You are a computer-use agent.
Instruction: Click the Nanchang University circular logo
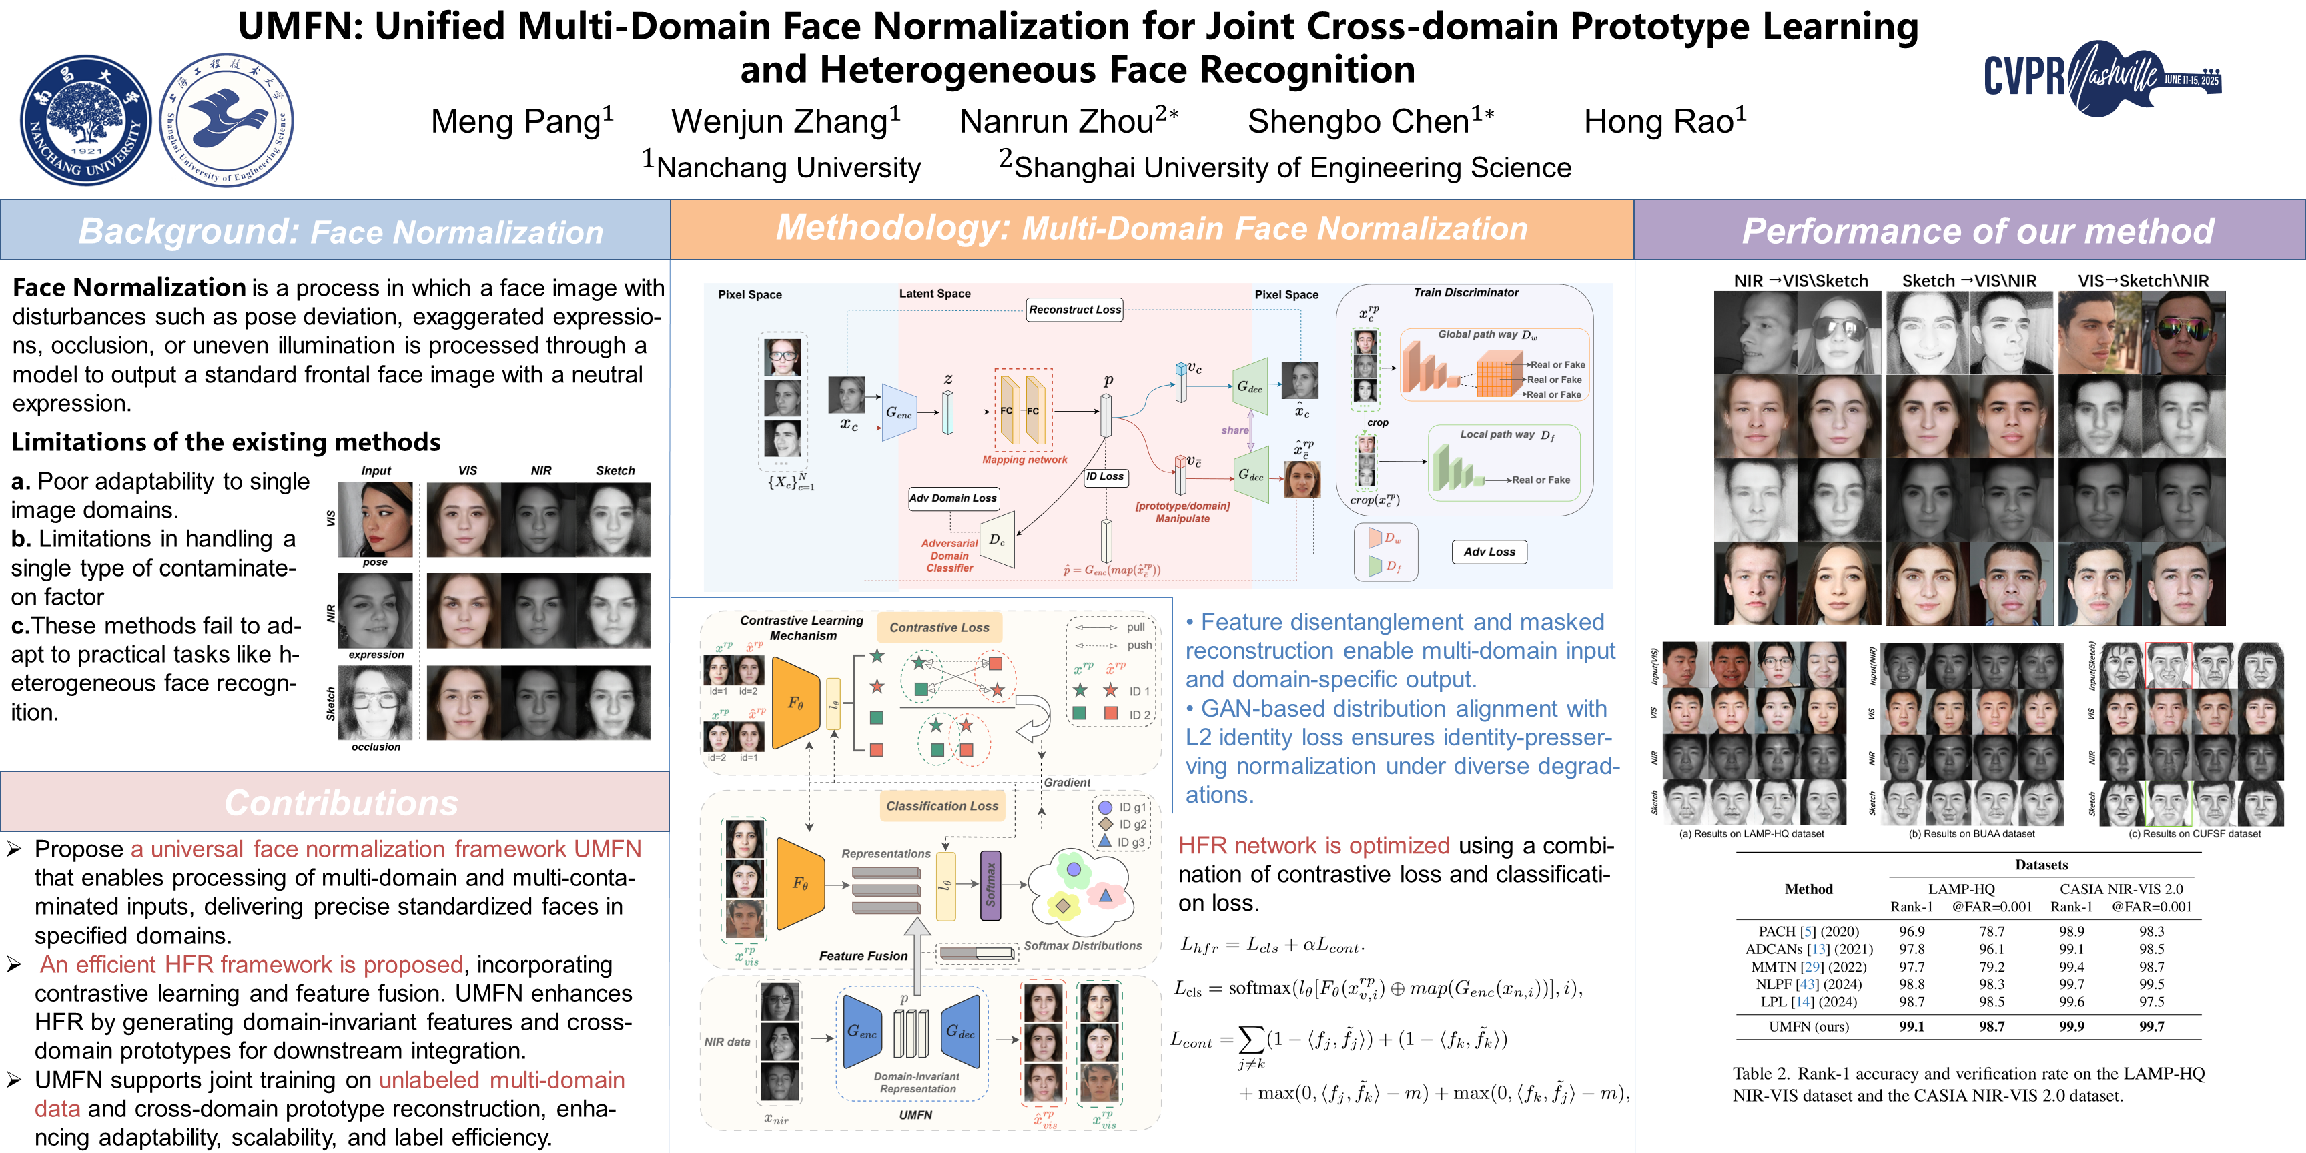(x=86, y=120)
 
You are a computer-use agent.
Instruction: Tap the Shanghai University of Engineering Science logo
(x=226, y=120)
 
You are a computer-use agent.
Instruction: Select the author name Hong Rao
(x=1664, y=121)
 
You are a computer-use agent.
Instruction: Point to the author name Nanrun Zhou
(x=1068, y=121)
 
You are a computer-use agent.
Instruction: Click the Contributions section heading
(x=340, y=803)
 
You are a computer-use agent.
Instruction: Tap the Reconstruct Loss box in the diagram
(x=1074, y=310)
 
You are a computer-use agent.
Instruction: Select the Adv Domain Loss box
(x=952, y=498)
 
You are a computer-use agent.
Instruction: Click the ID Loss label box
(x=1105, y=477)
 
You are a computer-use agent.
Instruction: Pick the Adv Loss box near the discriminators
(x=1489, y=552)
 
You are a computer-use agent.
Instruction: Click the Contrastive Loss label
(x=939, y=627)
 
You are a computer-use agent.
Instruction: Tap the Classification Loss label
(x=941, y=805)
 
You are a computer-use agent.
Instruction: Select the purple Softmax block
(x=990, y=885)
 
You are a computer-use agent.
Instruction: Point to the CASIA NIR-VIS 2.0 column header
(x=2121, y=889)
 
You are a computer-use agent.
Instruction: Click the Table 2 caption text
(x=1968, y=1084)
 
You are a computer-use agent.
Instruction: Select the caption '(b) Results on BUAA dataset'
(x=1971, y=834)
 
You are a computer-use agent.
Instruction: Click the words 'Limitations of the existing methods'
(x=226, y=442)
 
